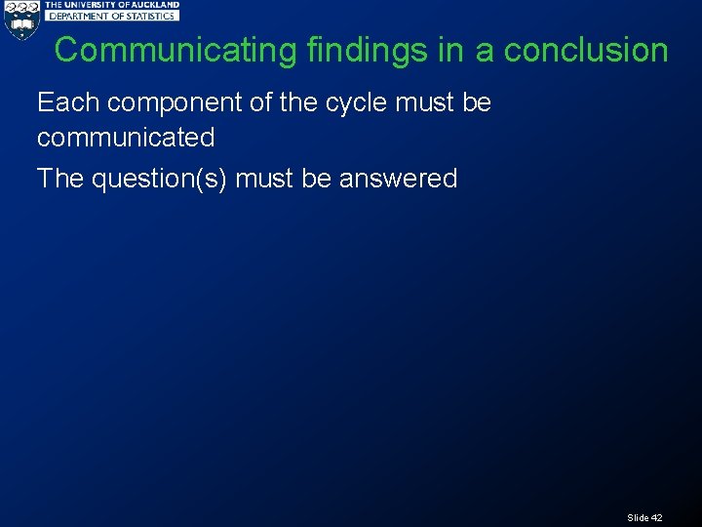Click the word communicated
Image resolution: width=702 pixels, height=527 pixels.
coord(126,138)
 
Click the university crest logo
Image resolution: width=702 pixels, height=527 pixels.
coord(20,20)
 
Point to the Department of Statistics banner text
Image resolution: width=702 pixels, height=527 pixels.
coord(112,16)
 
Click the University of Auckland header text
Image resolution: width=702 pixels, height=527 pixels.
coord(112,5)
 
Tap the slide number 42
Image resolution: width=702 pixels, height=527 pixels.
coord(656,517)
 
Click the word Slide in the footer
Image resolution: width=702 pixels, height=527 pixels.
coord(638,517)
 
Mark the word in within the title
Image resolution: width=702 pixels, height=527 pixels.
coord(450,51)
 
